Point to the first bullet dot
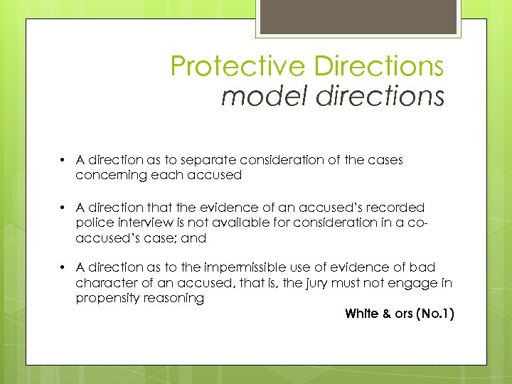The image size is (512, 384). [63, 160]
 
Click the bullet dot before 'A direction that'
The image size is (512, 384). [63, 208]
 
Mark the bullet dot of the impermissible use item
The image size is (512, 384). [63, 267]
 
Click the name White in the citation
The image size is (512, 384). [361, 314]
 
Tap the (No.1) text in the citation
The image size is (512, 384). [433, 314]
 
